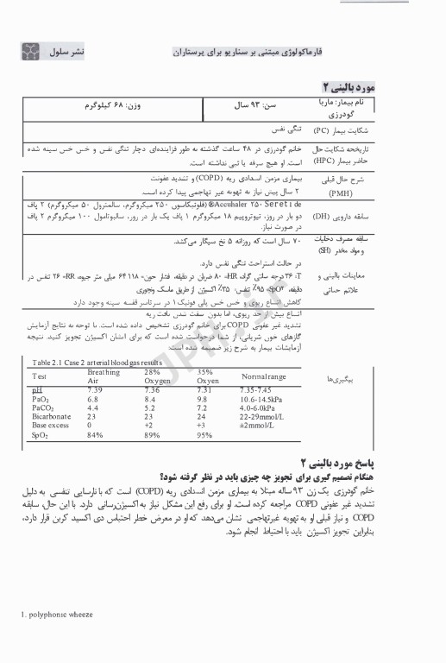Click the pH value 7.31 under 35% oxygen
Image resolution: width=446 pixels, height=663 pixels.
204,391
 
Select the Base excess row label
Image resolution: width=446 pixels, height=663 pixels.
50,426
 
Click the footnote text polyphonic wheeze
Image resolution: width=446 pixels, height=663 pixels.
55,639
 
